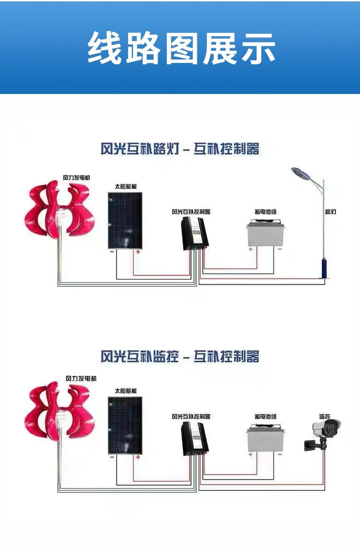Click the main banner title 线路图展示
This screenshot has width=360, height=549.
(x=181, y=48)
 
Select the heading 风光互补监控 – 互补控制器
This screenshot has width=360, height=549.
(x=180, y=356)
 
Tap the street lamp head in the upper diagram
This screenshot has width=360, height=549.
(x=302, y=173)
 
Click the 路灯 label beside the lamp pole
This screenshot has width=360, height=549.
(x=330, y=212)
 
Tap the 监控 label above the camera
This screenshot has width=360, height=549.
(x=325, y=416)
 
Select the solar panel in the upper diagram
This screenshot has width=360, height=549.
(x=125, y=220)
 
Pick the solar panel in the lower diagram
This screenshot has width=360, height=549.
(x=125, y=426)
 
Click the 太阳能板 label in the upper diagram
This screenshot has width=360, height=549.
(x=122, y=186)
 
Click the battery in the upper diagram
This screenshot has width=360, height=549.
(x=264, y=233)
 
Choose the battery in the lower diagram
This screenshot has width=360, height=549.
(x=264, y=439)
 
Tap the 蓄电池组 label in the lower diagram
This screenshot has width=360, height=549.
(x=265, y=416)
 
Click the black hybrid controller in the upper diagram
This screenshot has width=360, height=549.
(x=195, y=233)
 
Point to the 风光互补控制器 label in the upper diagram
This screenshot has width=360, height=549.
(x=191, y=212)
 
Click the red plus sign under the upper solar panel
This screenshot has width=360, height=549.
(x=138, y=252)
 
